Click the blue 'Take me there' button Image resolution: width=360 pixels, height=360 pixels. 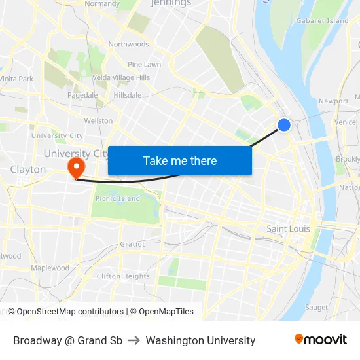point(180,160)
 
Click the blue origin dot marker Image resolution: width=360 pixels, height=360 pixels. point(283,125)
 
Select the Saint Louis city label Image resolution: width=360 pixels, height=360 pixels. point(288,228)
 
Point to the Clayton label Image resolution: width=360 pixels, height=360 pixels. point(28,170)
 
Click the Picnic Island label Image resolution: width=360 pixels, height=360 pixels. point(118,198)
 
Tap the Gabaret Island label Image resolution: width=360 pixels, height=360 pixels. point(322,21)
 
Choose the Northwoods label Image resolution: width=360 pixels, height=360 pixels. point(129,45)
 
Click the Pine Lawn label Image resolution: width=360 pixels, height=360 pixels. point(145,65)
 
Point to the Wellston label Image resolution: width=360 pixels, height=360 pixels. point(98,120)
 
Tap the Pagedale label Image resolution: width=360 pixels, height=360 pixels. point(82,95)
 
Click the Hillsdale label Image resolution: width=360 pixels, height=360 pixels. point(128,95)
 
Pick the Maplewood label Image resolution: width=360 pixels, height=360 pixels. point(50,268)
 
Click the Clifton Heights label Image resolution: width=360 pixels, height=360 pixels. point(123,276)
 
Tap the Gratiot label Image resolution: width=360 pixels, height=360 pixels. point(132,244)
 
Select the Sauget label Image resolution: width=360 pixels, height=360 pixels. point(317,307)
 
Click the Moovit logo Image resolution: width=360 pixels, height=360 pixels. point(321,340)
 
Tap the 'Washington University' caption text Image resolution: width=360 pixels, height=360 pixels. point(200,340)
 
